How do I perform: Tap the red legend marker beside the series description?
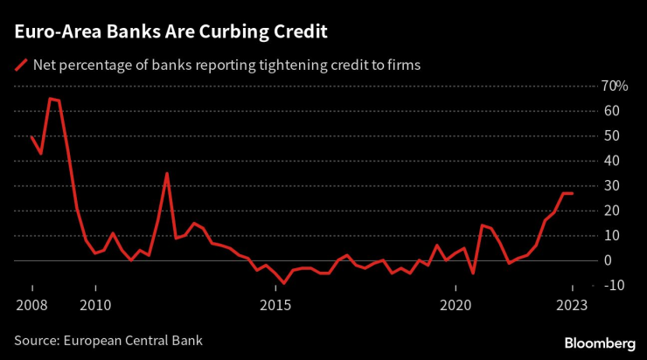(x=19, y=65)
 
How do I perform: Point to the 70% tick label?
(x=614, y=86)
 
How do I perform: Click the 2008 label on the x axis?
(x=32, y=305)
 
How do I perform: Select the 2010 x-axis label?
(x=95, y=305)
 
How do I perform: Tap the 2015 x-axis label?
(x=275, y=305)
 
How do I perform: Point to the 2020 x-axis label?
(x=456, y=305)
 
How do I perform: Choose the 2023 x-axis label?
(x=573, y=305)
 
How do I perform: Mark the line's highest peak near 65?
(x=50, y=99)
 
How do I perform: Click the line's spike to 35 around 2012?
(x=167, y=173)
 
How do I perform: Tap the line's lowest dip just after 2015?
(x=283, y=283)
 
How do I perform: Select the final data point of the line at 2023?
(x=573, y=193)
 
